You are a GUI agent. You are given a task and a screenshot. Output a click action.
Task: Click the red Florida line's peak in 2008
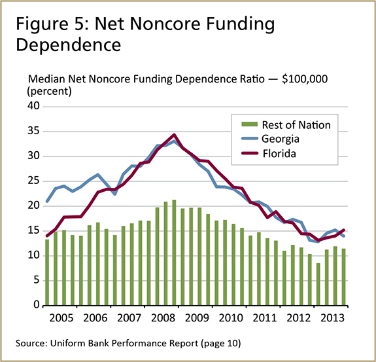[174, 135]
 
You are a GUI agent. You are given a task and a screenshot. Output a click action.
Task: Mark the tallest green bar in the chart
[174, 253]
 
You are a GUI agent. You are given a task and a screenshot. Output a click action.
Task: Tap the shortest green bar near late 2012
[318, 284]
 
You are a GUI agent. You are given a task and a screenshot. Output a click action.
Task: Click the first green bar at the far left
[47, 272]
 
